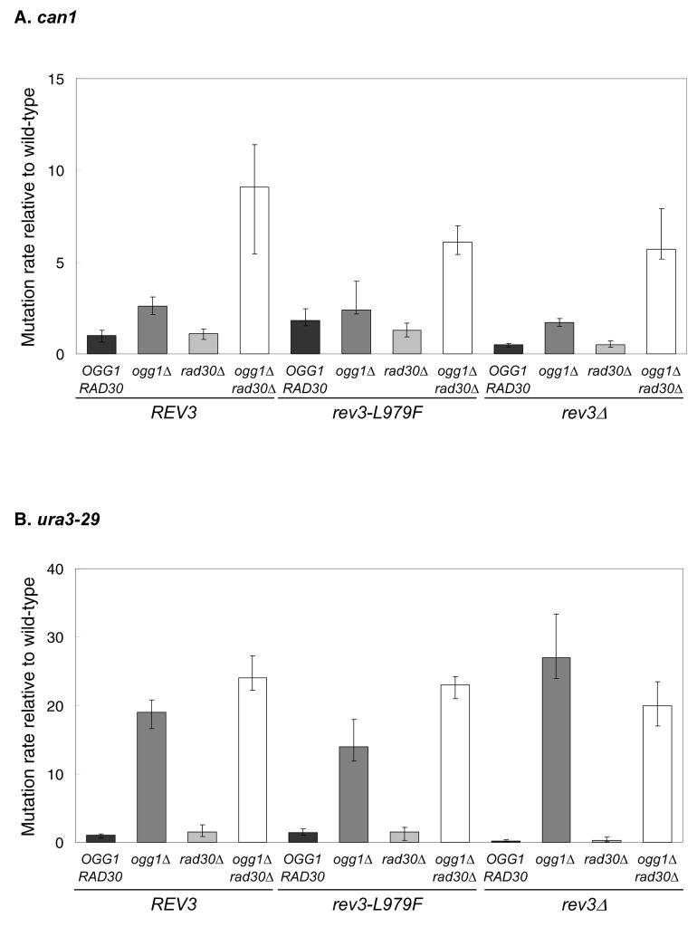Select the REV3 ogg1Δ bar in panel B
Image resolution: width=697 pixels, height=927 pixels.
pos(152,777)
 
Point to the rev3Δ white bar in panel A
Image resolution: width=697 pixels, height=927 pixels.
pos(659,301)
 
